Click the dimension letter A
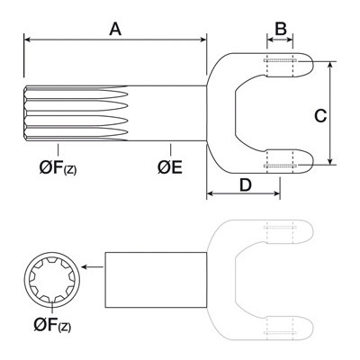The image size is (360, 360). click(115, 30)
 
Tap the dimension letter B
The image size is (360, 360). click(281, 29)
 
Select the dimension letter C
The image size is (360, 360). click(320, 116)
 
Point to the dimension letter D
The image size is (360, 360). click(246, 185)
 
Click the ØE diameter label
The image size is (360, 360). click(170, 167)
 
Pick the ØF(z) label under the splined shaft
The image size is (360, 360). click(58, 167)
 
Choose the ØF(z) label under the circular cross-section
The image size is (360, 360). click(52, 325)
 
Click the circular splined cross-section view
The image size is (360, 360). click(52, 280)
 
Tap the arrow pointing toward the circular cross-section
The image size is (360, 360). click(93, 266)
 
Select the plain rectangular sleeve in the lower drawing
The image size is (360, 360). click(156, 280)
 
